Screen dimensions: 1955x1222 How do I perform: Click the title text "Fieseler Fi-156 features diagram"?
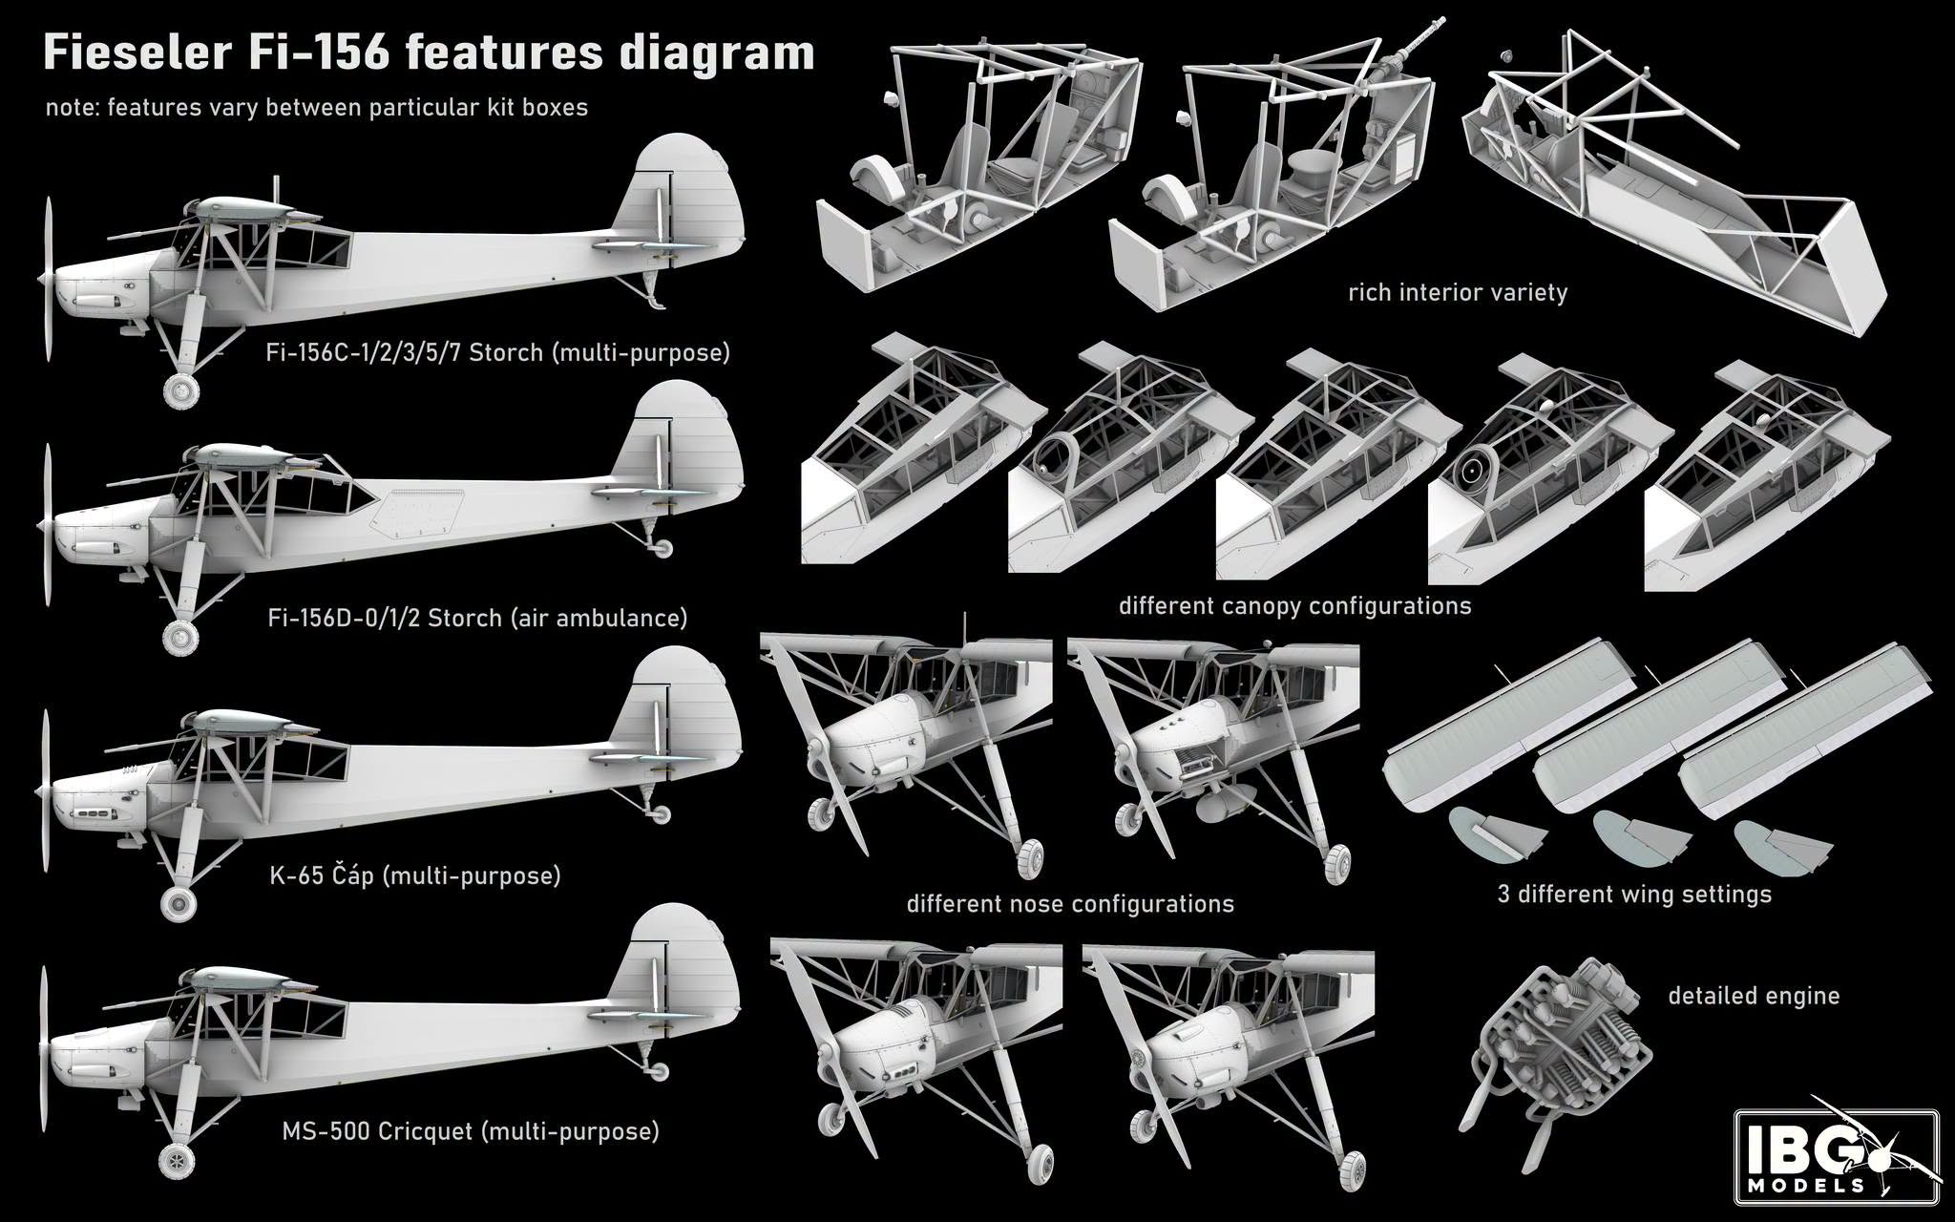pos(429,53)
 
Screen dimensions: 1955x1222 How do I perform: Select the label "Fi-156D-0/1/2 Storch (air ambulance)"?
pos(477,618)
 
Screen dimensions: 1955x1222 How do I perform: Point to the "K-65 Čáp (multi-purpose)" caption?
pos(414,875)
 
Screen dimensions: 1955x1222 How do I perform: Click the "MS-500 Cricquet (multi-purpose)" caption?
pos(470,1131)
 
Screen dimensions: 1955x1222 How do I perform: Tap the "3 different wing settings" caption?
pos(1634,895)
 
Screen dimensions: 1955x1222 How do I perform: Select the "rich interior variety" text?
pos(1458,292)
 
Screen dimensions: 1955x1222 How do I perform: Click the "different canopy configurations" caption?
pos(1294,606)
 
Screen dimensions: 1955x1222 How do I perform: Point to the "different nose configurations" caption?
pos(1070,904)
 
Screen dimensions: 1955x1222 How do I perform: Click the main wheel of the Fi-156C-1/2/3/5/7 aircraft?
pos(181,390)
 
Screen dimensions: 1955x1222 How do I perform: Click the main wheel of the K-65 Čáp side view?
pos(178,902)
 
